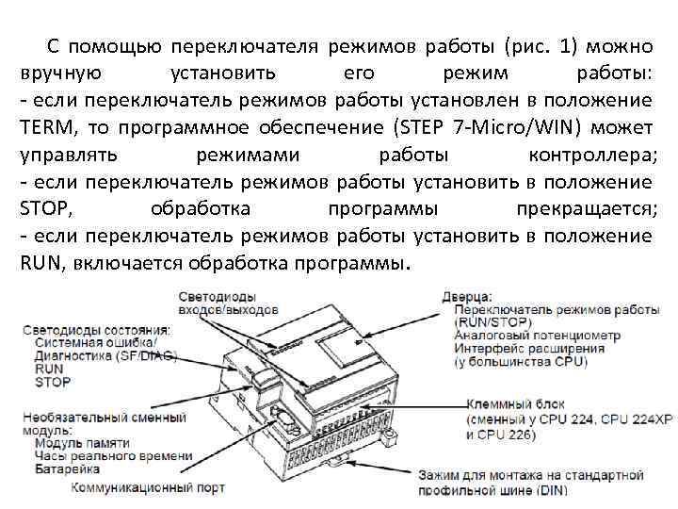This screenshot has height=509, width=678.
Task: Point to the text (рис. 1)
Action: tap(536, 46)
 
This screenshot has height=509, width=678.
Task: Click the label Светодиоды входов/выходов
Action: tap(228, 302)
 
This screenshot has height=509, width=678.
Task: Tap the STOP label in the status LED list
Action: tap(52, 383)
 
